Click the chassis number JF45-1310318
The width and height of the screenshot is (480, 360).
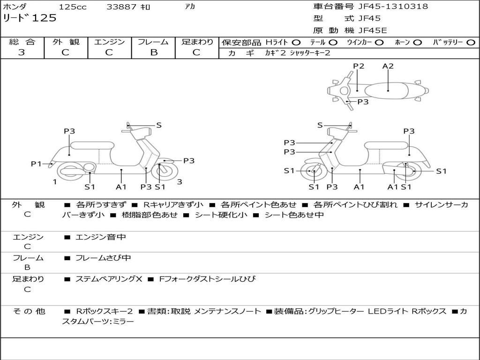[393, 7]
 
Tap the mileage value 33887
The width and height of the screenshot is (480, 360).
[121, 7]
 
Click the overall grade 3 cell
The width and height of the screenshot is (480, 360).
[22, 52]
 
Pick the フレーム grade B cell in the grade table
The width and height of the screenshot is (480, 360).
[153, 52]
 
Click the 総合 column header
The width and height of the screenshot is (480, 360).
[22, 42]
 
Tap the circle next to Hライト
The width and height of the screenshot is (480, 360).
[296, 42]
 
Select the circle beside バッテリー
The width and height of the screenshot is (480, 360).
[471, 42]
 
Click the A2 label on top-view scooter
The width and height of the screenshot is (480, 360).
[388, 66]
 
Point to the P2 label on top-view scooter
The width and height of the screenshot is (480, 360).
[359, 66]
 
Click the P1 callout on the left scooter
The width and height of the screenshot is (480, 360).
[37, 164]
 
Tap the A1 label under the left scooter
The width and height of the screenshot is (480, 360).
[121, 187]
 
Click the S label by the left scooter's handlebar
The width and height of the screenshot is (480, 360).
[159, 125]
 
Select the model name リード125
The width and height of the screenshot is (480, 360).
[30, 18]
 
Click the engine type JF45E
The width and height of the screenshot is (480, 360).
[373, 30]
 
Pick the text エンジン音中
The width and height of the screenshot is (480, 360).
[101, 237]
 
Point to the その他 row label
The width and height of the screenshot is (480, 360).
[28, 311]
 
